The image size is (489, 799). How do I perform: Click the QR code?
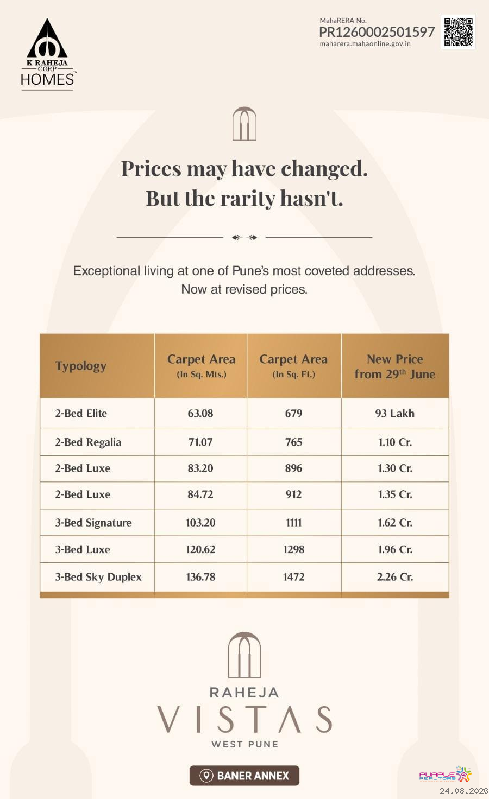point(458,32)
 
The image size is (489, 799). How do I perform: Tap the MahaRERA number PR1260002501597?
point(377,32)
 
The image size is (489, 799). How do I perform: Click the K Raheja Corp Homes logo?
point(47,54)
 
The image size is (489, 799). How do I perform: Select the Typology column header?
point(80,366)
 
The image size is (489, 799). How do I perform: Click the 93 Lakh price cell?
point(395,413)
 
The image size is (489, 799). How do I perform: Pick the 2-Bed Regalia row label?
point(88,442)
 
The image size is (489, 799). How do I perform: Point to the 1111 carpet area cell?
point(294,523)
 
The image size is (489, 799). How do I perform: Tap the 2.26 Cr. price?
point(395,577)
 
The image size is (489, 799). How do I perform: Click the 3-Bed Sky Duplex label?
point(98,577)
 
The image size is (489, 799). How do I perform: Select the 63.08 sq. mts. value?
point(200,413)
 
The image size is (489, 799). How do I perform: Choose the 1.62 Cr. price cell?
point(395,523)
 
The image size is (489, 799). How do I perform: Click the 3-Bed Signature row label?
point(93,523)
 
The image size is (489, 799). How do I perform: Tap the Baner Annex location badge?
point(244,776)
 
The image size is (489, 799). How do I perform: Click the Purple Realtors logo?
point(446,775)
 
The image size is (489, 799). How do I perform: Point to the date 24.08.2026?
point(463,791)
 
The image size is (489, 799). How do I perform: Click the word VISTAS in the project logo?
point(244,719)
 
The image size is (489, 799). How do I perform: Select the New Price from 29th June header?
point(395,366)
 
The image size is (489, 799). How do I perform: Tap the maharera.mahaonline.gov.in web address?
point(365,44)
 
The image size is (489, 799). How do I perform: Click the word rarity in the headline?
point(247,198)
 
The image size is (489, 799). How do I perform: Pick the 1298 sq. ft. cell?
point(294,549)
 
